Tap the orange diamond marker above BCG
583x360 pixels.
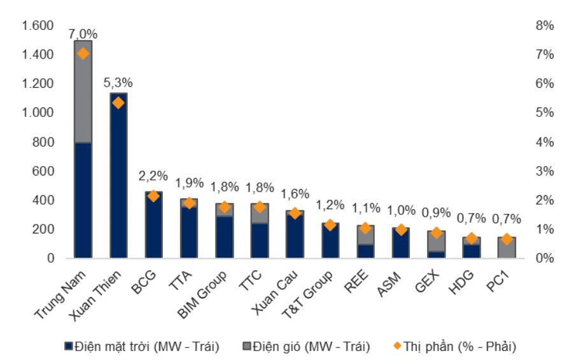click(x=153, y=196)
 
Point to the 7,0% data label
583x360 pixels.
click(x=83, y=34)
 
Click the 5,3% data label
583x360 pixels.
click(x=118, y=83)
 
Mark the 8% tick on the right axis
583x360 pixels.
click(x=545, y=26)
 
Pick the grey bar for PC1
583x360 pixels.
click(x=507, y=247)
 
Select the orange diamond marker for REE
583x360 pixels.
click(x=365, y=228)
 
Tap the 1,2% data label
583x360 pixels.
click(x=330, y=205)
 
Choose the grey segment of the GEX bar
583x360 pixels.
click(x=436, y=241)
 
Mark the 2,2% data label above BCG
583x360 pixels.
click(x=153, y=176)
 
